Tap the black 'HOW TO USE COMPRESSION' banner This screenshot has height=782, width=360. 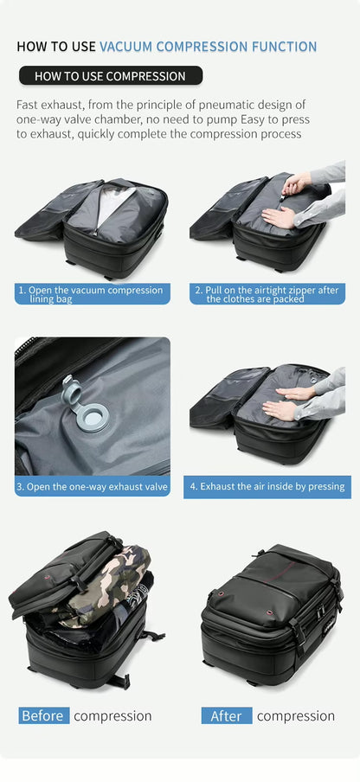click(110, 76)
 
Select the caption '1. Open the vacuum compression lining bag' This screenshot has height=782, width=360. click(93, 294)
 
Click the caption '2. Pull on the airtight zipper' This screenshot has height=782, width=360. click(267, 294)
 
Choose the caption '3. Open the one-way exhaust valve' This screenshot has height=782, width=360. click(93, 487)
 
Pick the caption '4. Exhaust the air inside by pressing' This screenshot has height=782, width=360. click(267, 487)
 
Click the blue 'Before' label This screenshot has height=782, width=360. click(43, 716)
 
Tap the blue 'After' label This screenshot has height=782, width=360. click(226, 716)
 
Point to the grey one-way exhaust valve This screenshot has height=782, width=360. click(82, 403)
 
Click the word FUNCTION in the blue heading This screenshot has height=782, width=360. click(277, 47)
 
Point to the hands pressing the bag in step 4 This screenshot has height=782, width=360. click(286, 401)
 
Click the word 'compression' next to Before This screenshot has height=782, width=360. click(112, 716)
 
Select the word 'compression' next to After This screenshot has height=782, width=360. click(295, 716)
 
